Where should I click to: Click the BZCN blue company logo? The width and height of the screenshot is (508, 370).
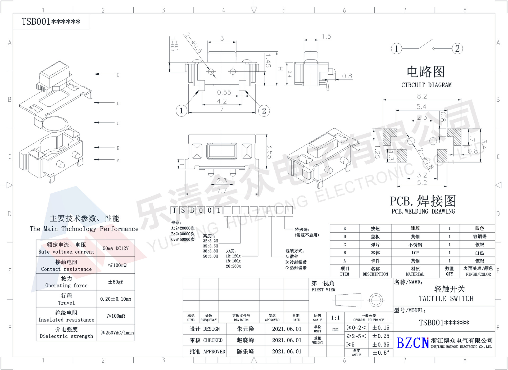(412, 343)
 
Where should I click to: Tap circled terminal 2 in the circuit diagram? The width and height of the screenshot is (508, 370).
(457, 49)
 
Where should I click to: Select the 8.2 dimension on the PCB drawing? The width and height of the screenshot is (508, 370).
(422, 96)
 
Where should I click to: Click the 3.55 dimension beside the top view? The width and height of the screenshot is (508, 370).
(270, 151)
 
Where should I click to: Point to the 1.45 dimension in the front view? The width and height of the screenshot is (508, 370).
(268, 61)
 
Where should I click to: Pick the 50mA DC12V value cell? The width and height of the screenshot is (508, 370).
(116, 248)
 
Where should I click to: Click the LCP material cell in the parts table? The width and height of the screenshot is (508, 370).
(415, 253)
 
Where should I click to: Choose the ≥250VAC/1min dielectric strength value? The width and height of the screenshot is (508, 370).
(117, 333)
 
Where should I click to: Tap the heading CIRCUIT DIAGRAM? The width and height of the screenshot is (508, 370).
(426, 85)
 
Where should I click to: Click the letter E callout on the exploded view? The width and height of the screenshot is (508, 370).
(118, 75)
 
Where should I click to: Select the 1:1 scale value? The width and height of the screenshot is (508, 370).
(335, 318)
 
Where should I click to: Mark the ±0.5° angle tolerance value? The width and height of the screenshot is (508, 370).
(381, 353)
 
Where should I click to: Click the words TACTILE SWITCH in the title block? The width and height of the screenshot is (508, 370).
(446, 299)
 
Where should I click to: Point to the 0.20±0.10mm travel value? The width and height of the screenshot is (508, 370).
(116, 299)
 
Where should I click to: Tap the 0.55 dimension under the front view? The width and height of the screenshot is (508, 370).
(224, 92)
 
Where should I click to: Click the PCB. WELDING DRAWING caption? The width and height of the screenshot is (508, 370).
(423, 211)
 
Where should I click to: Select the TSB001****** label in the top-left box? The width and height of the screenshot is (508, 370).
(51, 21)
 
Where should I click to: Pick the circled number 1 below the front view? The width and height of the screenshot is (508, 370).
(181, 111)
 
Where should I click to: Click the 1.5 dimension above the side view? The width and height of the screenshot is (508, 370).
(326, 37)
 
